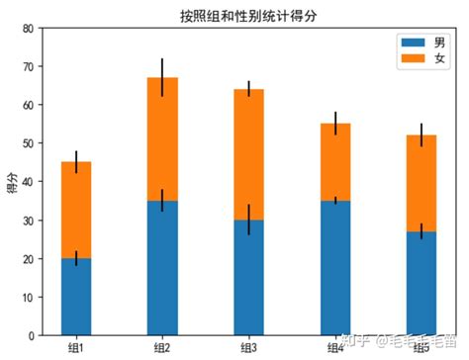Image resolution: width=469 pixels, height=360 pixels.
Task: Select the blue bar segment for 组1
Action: pyautogui.click(x=76, y=297)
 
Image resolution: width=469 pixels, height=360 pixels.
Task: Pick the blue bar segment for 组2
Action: pyautogui.click(x=162, y=267)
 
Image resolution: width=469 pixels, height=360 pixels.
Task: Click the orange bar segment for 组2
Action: pyautogui.click(x=162, y=138)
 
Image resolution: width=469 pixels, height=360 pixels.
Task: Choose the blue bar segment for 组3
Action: pyautogui.click(x=249, y=277)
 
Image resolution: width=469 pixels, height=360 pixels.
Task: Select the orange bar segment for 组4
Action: pyautogui.click(x=335, y=162)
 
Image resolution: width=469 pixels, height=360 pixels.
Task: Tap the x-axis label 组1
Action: pyautogui.click(x=76, y=347)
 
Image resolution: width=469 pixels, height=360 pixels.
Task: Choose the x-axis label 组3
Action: pyautogui.click(x=249, y=347)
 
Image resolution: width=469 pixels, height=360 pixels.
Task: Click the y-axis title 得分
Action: pyautogui.click(x=12, y=182)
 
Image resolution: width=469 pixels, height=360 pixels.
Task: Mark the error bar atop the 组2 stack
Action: pyautogui.click(x=162, y=76)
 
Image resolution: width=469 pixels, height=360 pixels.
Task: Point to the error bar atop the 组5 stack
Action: pyautogui.click(x=422, y=135)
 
